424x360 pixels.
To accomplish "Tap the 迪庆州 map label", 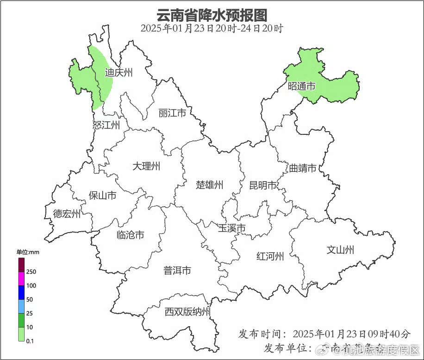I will (x=118, y=73).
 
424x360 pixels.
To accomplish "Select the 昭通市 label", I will (x=301, y=86).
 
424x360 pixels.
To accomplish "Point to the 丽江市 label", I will (x=172, y=113).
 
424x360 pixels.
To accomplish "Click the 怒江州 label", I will (x=106, y=125).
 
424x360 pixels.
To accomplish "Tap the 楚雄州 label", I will (x=209, y=185).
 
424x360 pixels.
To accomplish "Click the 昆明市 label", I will (x=262, y=185).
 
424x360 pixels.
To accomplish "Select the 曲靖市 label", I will (x=302, y=168).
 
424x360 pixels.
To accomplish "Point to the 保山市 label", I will (x=102, y=196).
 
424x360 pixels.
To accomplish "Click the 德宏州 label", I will (x=67, y=214).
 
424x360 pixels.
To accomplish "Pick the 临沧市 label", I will (x=130, y=235).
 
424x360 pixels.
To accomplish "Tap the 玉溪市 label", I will (x=231, y=228).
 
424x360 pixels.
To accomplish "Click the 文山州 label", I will (x=340, y=250).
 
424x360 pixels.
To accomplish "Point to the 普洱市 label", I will (x=177, y=271).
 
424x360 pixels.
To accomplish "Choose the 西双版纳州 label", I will (x=187, y=312).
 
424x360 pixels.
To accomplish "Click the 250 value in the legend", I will (x=31, y=272).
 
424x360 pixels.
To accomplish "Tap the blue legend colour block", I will (x=21, y=292).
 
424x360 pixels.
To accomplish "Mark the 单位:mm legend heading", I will (x=28, y=253).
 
